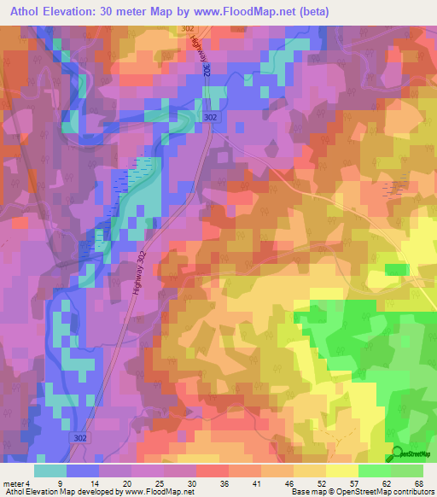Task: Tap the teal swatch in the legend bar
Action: click(x=50, y=471)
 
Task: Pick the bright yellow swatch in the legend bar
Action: click(x=342, y=471)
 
